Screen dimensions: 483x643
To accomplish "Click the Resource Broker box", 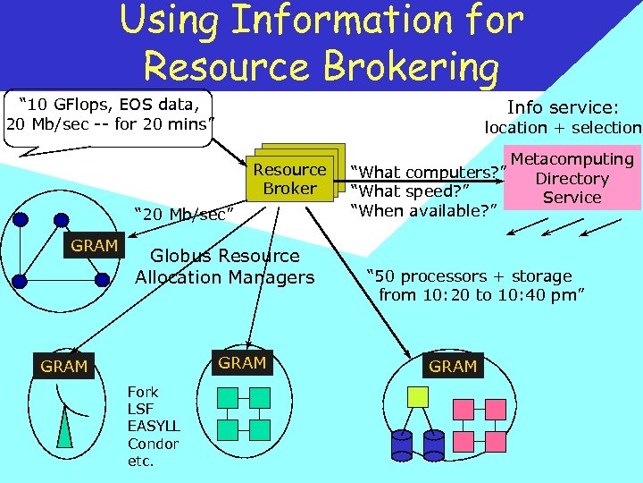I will (289, 179).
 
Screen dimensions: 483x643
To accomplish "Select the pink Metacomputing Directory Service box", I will (572, 178).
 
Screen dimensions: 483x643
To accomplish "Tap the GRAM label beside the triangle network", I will (95, 245).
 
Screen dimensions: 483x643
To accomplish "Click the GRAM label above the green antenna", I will (64, 366).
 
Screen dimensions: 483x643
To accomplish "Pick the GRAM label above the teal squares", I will (242, 362).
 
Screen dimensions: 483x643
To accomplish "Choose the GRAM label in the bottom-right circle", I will (453, 366).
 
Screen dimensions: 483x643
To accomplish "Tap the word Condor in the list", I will (153, 444).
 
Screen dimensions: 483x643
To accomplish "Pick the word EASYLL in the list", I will (154, 426).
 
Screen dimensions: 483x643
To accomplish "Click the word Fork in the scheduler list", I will (143, 392).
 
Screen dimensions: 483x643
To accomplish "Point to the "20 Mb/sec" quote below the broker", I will (182, 215).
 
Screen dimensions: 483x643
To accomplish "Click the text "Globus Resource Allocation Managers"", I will (224, 267).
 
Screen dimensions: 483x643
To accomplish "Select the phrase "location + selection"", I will (563, 128).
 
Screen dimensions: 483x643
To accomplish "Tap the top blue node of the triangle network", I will (61, 219).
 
